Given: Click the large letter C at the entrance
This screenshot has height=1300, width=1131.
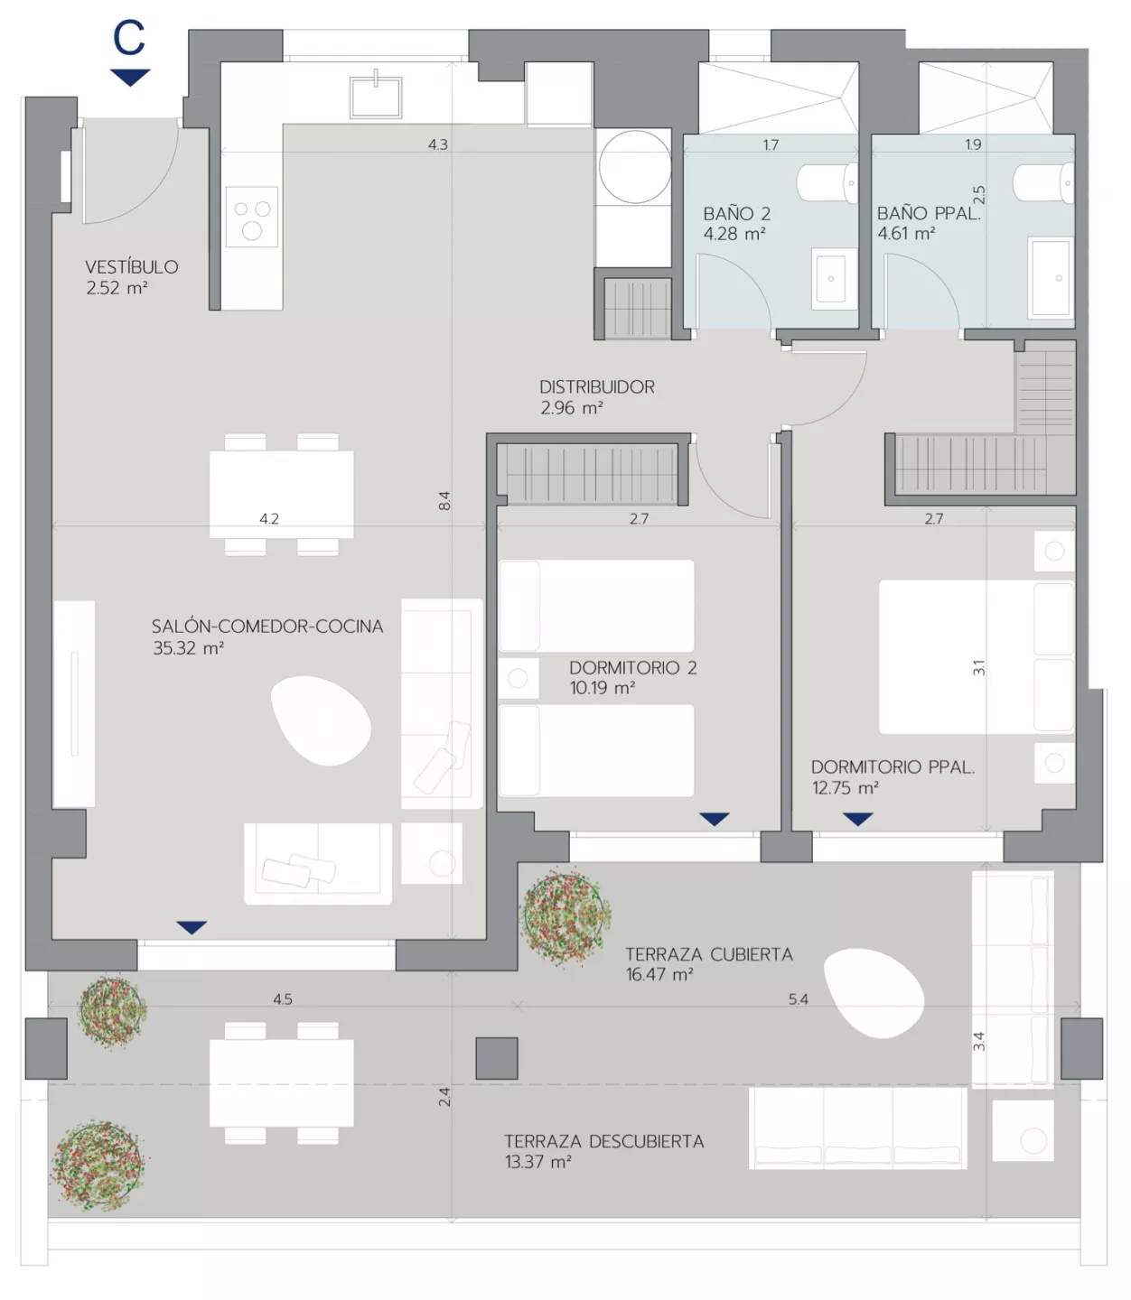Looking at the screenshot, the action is click(x=129, y=37).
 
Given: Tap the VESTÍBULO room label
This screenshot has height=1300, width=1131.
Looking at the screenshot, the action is click(x=132, y=266).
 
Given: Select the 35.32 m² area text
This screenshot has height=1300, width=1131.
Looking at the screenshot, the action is click(x=188, y=648).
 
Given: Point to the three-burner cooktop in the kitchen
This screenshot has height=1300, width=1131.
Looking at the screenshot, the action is click(x=252, y=216).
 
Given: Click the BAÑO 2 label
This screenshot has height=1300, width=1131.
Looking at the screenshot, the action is click(x=736, y=213).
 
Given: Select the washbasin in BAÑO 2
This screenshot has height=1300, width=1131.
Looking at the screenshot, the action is click(x=832, y=278).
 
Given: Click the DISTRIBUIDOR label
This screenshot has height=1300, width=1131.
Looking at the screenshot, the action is click(x=597, y=387).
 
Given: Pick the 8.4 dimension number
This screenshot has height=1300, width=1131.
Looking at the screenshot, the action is click(x=444, y=501).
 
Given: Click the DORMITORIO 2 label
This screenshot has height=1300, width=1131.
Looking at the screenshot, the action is click(x=633, y=668).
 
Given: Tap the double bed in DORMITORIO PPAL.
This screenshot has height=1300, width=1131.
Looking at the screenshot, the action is click(x=977, y=656).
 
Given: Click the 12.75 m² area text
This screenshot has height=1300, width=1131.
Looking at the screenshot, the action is click(x=846, y=788).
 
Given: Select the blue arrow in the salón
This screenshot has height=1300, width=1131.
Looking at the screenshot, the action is click(x=192, y=928).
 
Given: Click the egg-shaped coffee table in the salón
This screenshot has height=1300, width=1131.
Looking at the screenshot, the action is click(x=321, y=720).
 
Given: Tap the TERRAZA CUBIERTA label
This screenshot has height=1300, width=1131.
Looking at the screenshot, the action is click(x=709, y=954).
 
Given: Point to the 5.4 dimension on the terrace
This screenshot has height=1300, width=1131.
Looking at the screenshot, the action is click(x=798, y=998).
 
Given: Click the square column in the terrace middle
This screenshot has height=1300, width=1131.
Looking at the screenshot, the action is click(x=497, y=1058).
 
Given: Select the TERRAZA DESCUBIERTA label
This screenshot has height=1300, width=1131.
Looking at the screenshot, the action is click(x=604, y=1141).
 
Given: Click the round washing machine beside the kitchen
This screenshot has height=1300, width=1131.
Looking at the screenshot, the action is click(x=634, y=166).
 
